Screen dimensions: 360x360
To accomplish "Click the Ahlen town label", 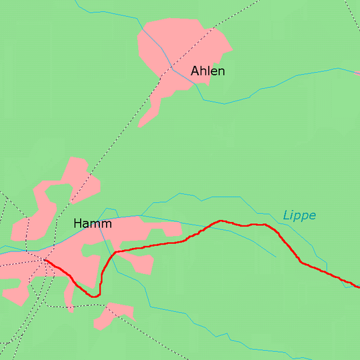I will [x=207, y=71].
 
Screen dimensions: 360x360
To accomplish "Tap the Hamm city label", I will [x=93, y=223].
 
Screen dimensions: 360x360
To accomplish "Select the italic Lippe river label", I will [x=299, y=215].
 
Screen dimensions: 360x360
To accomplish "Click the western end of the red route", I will [x=45, y=261].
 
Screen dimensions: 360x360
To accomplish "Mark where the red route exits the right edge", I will [x=358, y=287].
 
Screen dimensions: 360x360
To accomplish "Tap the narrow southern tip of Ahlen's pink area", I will [x=141, y=125].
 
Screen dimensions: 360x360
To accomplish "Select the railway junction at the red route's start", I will [x=45, y=261].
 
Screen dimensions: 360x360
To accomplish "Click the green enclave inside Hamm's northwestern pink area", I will [x=59, y=194].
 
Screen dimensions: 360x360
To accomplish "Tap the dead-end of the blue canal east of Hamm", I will [x=275, y=257].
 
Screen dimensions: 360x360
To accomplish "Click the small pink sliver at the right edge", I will [x=357, y=72].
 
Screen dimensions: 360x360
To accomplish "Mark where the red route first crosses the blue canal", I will [x=208, y=227].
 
